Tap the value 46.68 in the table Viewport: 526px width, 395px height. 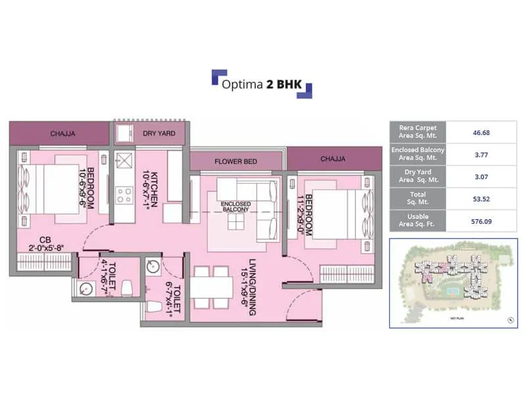(482, 132)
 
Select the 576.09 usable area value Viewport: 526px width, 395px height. (482, 221)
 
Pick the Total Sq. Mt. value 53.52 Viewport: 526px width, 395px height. (482, 199)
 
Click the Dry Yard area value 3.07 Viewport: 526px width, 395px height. (482, 176)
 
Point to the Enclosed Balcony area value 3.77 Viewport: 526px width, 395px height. (482, 155)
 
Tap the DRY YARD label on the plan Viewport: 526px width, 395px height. (158, 134)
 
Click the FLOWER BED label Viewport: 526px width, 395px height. (235, 161)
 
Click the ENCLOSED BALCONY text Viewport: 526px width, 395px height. (235, 207)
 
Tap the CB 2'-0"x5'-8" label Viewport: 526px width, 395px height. (46, 244)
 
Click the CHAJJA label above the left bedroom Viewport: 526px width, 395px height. (62, 134)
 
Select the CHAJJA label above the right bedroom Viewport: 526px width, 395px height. (333, 159)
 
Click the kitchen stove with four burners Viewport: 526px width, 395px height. (124, 194)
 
